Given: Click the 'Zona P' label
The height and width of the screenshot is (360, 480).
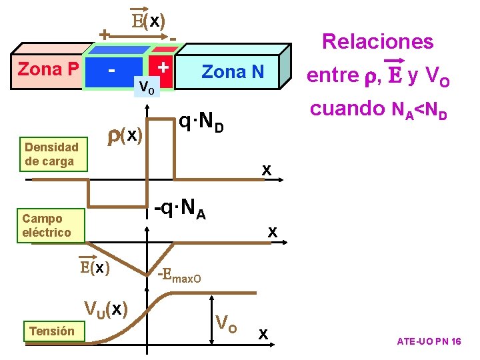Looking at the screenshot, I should coord(49,69).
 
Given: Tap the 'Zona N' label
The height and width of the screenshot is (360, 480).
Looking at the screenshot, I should coord(233,71).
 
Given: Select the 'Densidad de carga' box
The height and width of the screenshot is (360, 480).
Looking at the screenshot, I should coord(52,154).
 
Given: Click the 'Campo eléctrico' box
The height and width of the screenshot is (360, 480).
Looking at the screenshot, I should coord(47,225).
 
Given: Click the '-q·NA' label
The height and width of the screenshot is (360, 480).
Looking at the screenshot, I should coord(179,210).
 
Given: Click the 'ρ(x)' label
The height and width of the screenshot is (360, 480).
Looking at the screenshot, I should coord(125,135).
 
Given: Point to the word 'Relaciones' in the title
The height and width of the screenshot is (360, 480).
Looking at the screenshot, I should coord(377,41).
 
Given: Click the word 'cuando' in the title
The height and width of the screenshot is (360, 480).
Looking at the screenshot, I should coord(348,108).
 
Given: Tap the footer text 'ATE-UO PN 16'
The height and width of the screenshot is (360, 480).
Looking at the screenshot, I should coord(429,341).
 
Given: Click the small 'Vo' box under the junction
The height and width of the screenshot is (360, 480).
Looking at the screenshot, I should coord(146,87).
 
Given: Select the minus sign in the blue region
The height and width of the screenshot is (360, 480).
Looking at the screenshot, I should coord(114,69).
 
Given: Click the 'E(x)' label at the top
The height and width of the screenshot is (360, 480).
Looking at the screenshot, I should coord(149,21).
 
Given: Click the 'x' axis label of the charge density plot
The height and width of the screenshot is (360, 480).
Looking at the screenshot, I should coord(266,170).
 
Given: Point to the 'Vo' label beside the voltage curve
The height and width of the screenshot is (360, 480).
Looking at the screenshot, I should coord(227,323).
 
